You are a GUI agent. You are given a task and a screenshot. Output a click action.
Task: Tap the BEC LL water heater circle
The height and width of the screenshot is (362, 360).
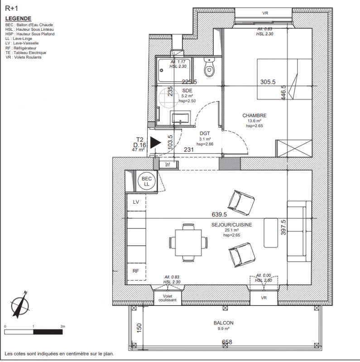click(147, 181)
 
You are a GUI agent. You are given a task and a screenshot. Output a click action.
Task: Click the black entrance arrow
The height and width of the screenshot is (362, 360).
click(155, 143)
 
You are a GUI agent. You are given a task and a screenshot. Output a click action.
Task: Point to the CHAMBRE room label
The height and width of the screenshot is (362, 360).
click(254, 115)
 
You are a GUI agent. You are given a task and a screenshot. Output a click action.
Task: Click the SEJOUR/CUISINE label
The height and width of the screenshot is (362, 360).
click(231, 225)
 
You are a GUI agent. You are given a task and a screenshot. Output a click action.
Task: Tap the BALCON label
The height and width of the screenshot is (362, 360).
click(223, 323)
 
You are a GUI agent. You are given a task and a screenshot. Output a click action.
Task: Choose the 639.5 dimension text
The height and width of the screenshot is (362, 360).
click(219, 214)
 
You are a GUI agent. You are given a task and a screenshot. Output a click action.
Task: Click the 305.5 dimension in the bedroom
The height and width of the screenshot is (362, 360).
click(268, 82)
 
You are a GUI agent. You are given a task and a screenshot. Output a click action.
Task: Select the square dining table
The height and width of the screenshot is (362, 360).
click(188, 243)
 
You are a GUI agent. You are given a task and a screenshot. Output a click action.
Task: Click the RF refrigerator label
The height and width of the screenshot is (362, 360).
click(136, 271)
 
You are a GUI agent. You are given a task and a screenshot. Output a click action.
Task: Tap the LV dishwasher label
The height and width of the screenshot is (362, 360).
click(136, 202)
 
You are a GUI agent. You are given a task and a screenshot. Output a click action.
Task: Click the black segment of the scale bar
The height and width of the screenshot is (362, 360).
click(48, 332)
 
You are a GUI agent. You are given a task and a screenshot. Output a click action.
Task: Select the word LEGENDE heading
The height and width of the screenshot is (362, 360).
click(18, 19)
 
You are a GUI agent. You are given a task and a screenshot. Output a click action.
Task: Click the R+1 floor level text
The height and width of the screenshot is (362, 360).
click(12, 8)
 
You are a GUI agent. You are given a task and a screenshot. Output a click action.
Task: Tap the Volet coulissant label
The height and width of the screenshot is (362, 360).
click(167, 298)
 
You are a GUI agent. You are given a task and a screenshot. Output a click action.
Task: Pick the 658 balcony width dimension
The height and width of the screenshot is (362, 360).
click(227, 342)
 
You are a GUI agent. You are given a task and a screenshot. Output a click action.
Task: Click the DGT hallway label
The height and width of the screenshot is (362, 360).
click(205, 133)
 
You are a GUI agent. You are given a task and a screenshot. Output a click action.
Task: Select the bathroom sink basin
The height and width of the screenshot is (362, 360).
click(180, 118)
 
